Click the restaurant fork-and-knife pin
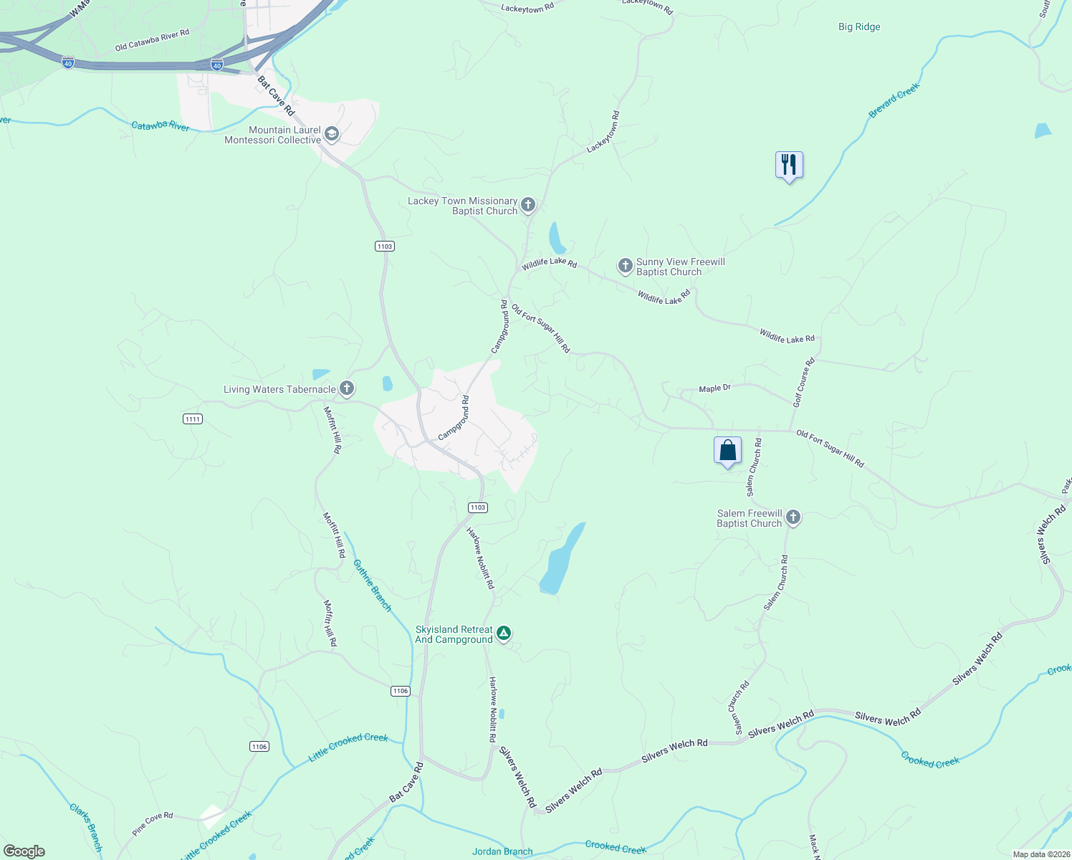(x=789, y=166)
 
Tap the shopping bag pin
(x=727, y=451)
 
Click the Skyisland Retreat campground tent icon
(x=504, y=634)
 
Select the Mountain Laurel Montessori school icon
(x=332, y=134)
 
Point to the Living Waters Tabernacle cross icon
(x=347, y=389)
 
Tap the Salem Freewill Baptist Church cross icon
(x=793, y=517)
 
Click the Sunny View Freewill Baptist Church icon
(x=626, y=267)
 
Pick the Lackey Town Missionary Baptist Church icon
(x=528, y=206)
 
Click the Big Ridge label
(x=859, y=27)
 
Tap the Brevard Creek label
(x=894, y=101)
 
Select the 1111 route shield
(x=192, y=419)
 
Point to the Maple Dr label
(x=714, y=388)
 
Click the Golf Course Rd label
(x=804, y=383)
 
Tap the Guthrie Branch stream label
(x=373, y=586)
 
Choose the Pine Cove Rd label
(x=153, y=823)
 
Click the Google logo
(x=24, y=851)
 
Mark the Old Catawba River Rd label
(x=152, y=40)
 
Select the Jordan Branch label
(x=502, y=851)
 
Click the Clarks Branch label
(x=87, y=828)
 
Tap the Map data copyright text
(x=1040, y=854)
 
